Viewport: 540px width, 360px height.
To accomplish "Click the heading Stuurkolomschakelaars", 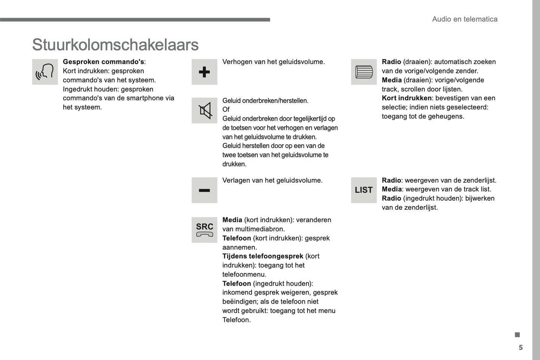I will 115,45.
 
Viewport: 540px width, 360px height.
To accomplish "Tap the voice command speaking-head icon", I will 45,72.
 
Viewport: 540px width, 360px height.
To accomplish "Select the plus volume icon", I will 204,72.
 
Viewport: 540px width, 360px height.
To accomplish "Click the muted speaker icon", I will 204,111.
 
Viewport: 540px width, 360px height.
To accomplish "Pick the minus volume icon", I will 204,190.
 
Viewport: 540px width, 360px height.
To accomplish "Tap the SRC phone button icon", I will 204,230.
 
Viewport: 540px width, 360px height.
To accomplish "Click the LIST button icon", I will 364,190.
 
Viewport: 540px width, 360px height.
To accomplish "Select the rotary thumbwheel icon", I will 364,72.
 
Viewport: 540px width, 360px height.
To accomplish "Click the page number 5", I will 521,348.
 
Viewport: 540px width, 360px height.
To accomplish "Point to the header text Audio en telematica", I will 465,19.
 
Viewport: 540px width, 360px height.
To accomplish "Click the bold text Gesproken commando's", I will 103,62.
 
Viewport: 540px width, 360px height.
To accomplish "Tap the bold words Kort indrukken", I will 407,98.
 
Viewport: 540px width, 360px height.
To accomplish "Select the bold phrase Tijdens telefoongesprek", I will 263,256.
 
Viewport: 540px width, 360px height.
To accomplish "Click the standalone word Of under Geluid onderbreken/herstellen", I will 226,110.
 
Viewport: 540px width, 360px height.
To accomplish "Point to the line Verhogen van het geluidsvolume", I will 274,62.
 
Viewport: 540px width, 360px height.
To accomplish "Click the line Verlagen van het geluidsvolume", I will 272,181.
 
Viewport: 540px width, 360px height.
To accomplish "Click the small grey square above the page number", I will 517,335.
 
